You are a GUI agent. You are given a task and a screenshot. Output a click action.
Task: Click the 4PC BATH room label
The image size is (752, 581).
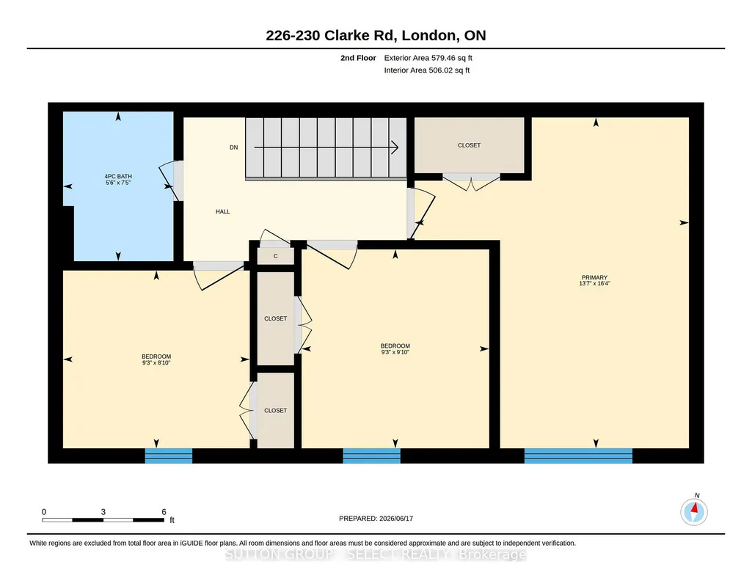click(118, 176)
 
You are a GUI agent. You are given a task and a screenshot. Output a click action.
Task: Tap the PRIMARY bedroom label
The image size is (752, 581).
click(594, 277)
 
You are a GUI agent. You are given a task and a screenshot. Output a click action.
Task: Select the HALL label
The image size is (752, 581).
click(222, 211)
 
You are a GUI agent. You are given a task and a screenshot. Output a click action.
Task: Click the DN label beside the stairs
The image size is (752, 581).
click(233, 147)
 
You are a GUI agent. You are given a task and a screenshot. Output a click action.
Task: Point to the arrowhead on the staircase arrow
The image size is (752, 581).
click(395, 147)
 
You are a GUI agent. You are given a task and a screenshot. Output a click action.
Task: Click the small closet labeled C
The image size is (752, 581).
click(275, 256)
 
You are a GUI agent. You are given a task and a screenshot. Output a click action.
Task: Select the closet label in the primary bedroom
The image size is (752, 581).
click(469, 145)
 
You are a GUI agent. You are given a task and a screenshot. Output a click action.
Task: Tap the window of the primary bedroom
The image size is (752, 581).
click(578, 456)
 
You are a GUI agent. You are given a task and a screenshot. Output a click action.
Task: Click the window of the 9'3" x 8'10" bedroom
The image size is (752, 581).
click(169, 456)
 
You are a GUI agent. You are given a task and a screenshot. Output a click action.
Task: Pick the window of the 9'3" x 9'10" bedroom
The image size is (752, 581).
click(372, 456)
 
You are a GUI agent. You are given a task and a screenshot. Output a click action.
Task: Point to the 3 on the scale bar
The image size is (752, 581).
click(103, 512)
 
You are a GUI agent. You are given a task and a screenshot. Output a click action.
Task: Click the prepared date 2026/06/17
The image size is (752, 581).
click(396, 518)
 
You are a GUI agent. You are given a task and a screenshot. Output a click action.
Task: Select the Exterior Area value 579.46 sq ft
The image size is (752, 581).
click(452, 58)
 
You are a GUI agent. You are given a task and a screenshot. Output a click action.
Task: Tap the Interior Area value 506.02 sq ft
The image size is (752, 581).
click(449, 70)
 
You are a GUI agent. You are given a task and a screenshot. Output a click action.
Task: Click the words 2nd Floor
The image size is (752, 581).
click(358, 58)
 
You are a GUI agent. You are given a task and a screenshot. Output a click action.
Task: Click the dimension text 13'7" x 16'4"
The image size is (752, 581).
click(594, 283)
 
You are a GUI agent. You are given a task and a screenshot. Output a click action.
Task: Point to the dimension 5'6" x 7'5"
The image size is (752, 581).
click(118, 183)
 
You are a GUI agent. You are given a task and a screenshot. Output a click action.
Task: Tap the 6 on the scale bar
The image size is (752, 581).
click(164, 512)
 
